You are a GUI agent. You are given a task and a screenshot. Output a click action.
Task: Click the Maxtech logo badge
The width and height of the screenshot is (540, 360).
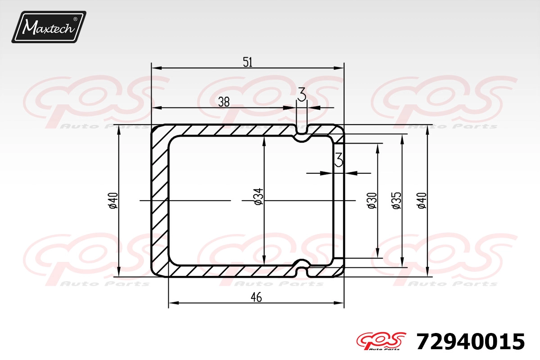[49, 27]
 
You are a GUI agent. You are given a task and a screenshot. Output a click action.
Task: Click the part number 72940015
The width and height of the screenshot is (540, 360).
[470, 342]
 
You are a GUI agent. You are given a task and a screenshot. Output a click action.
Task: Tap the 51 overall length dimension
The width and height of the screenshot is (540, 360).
[247, 62]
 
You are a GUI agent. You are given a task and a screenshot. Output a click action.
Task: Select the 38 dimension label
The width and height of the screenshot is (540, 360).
[224, 102]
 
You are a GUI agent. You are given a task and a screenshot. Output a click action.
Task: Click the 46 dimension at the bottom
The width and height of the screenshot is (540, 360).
[256, 297]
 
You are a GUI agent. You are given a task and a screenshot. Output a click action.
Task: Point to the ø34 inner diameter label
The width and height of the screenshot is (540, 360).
[258, 197]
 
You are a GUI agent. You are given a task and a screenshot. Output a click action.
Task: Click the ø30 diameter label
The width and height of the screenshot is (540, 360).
[372, 201]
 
